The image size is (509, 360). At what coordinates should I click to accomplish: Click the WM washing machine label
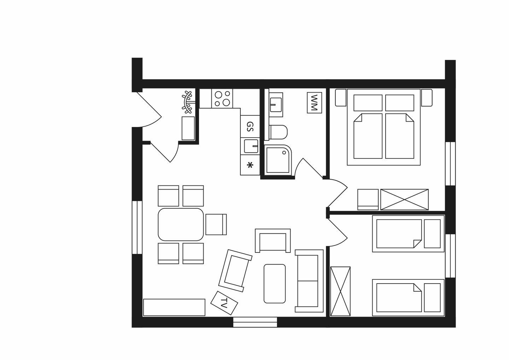pos(314,103)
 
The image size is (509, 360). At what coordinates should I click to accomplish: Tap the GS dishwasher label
pos(250,126)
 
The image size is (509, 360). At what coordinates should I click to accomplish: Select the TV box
pos(224,303)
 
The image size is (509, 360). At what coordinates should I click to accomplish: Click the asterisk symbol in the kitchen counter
pos(250,165)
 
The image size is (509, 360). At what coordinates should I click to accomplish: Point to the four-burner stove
pos(222,98)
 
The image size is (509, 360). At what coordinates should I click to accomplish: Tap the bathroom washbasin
pos(276,105)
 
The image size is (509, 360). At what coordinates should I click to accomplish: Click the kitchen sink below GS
pos(251,146)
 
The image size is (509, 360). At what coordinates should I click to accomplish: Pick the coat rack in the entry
pos(187,102)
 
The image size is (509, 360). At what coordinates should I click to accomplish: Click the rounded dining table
pos(181,225)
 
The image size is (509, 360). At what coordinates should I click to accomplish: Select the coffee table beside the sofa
pos(275,283)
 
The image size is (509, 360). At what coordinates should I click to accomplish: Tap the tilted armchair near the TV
pos(235,271)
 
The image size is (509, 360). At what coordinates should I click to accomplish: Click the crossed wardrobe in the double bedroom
pos(404,199)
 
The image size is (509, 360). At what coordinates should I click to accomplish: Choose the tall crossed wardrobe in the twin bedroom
pos(340,291)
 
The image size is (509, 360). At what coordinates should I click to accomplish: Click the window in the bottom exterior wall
pos(255,322)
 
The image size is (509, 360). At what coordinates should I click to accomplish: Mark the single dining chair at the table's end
pos(216,225)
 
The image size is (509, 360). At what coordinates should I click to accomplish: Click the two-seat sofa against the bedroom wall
pos(309,281)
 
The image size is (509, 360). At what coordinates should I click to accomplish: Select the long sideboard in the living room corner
pos(174,307)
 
